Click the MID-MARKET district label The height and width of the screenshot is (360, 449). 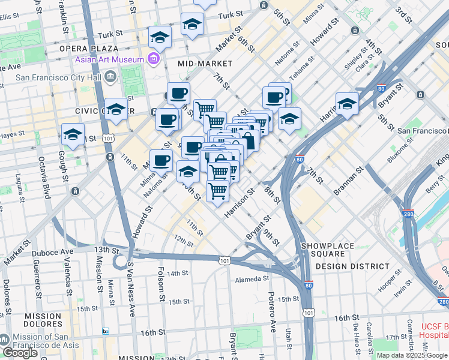click(205, 63)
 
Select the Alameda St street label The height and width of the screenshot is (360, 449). click(252, 279)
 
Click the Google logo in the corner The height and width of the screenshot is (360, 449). click(19, 353)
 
